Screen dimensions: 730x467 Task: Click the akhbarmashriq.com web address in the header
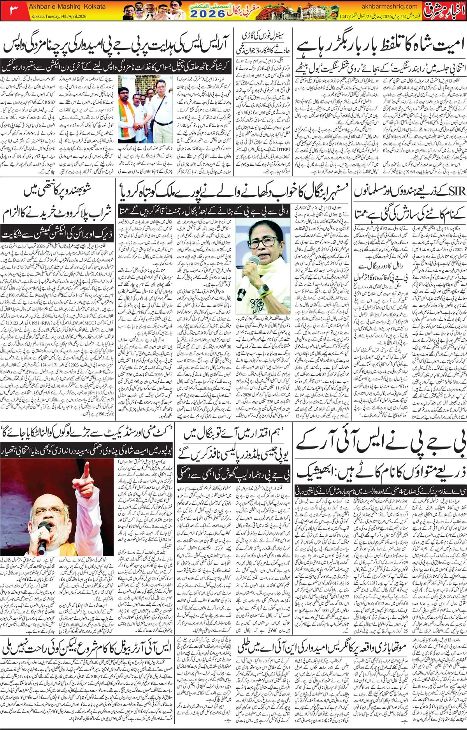click(x=389, y=6)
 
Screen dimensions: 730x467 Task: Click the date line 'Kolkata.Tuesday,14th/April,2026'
click(x=58, y=16)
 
